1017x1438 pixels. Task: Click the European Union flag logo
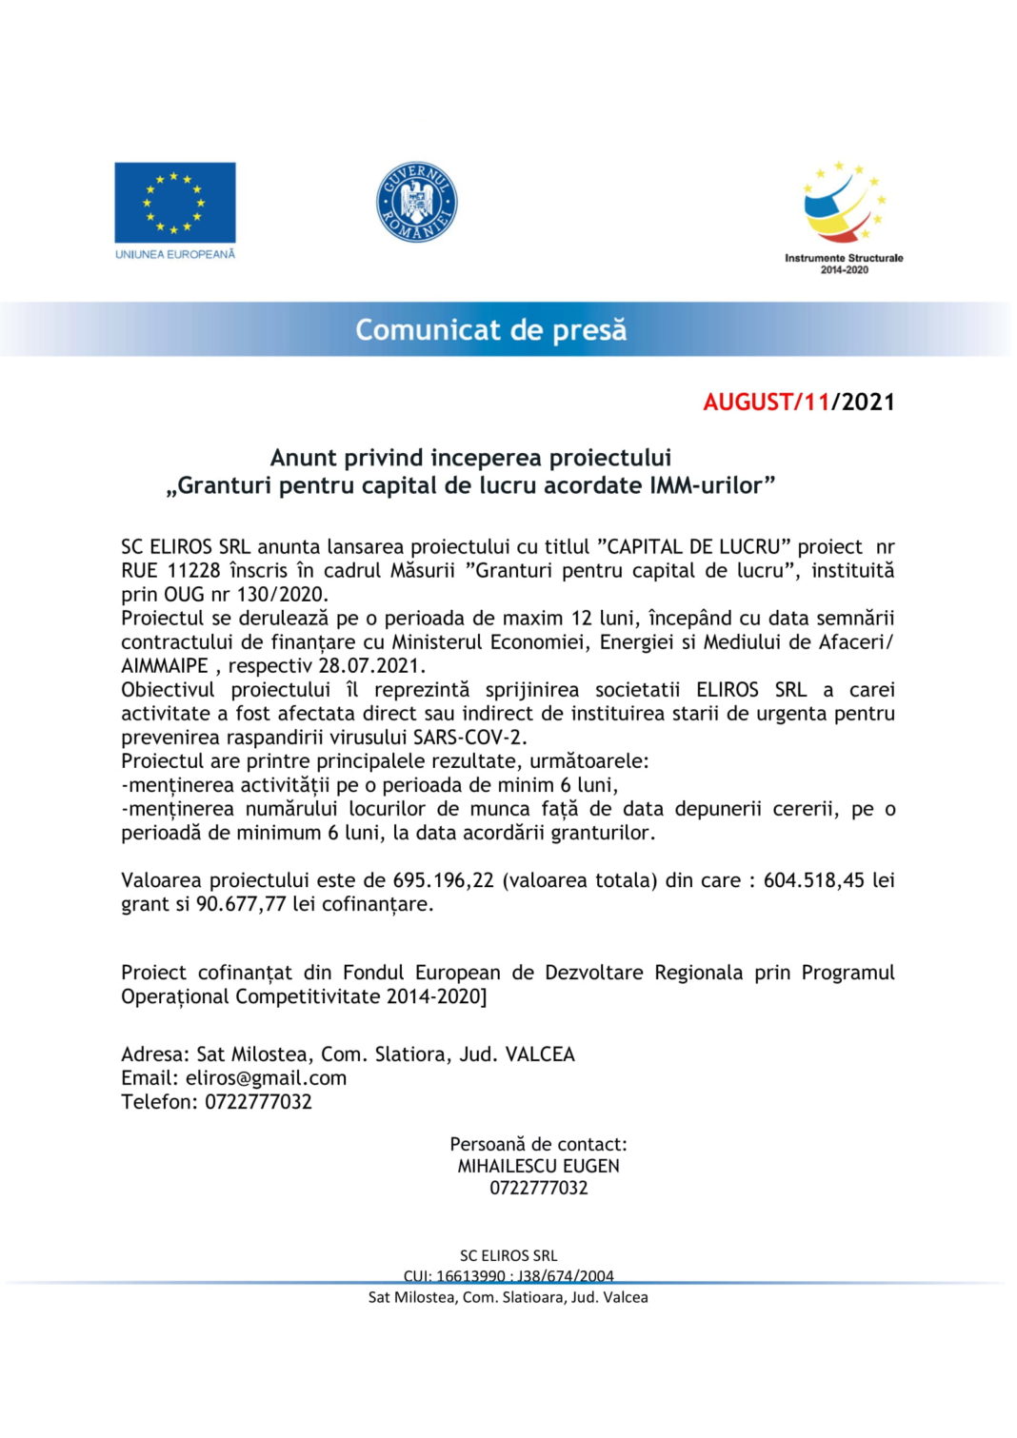[x=175, y=202]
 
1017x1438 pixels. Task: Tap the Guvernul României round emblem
[x=416, y=202]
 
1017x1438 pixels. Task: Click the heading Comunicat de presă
[x=491, y=330]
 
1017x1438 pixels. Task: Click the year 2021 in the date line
[x=868, y=402]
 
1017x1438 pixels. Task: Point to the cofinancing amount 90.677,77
[x=241, y=904]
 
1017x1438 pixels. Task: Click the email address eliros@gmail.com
[x=266, y=1078]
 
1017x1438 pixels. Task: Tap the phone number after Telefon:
[x=258, y=1102]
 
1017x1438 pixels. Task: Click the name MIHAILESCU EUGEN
[x=538, y=1166]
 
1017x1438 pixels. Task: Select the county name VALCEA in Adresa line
[x=540, y=1054]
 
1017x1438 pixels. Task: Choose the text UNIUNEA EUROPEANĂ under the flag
[x=175, y=255]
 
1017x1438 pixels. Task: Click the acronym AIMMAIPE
[x=164, y=666]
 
